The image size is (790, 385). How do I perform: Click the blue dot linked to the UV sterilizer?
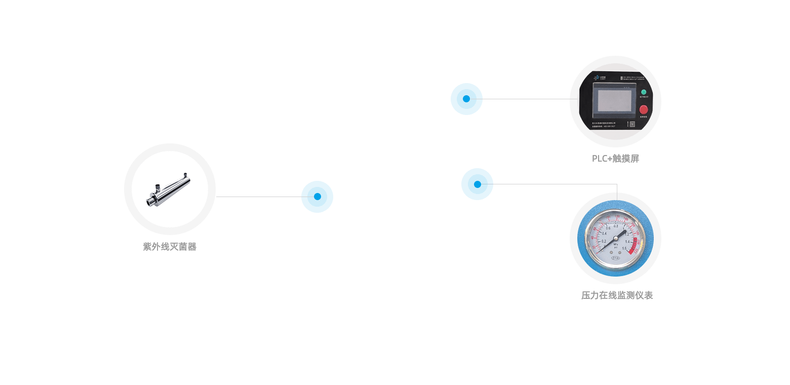317,197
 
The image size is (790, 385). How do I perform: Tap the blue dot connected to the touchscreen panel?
466,99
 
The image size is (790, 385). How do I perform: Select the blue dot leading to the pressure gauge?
477,184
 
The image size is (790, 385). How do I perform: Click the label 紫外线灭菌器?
170,247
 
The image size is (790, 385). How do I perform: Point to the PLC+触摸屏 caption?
615,159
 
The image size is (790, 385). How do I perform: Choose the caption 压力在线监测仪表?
617,295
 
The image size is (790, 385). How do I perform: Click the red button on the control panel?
644,109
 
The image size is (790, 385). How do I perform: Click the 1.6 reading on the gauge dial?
624,248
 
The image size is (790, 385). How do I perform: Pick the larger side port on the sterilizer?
157,188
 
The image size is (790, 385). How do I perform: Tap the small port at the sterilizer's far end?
186,174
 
